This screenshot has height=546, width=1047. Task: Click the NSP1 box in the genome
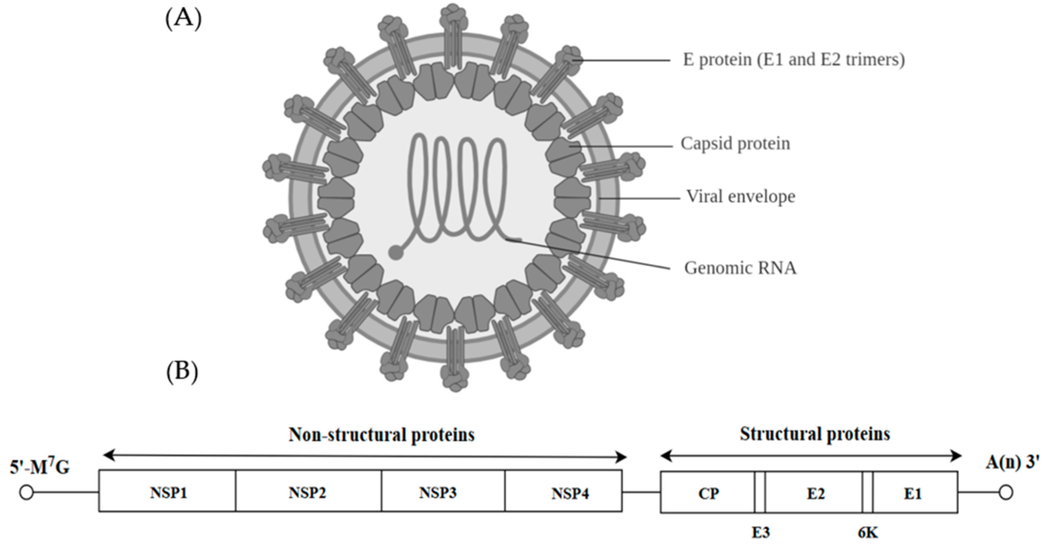pos(167,491)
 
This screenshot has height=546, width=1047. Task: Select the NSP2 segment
pos(308,491)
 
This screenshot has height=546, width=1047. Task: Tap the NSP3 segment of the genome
pos(443,491)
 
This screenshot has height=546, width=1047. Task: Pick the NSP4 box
pos(563,491)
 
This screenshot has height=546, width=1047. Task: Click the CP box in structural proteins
pos(708,491)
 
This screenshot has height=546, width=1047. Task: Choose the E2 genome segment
pos(814,491)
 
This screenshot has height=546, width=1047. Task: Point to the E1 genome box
pos(914,491)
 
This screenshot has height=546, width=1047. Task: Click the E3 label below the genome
pos(760,532)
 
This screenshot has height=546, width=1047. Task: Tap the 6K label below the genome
pos(868,532)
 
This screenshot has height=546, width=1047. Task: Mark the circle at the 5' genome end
pos(26,492)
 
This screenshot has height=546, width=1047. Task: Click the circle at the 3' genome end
pos(1006,492)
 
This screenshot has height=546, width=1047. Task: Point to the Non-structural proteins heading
pos(381,434)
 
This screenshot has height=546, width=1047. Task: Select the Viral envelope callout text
pos(740,197)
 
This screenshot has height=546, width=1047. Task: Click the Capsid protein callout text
pos(736,144)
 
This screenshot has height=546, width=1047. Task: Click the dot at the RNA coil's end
pos(395,253)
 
